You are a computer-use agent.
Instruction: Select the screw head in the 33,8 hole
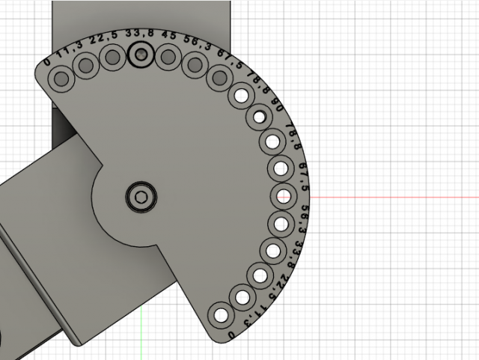pyautogui.click(x=140, y=54)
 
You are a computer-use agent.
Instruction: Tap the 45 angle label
pyautogui.click(x=168, y=36)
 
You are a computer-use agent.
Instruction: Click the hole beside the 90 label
pyautogui.click(x=260, y=117)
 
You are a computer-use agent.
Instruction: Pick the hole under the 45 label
pyautogui.click(x=168, y=56)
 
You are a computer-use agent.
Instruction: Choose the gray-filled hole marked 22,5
pyautogui.click(x=113, y=57)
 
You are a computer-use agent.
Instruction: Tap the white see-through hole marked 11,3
pyautogui.click(x=242, y=297)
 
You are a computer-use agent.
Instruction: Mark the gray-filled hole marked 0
pyautogui.click(x=61, y=76)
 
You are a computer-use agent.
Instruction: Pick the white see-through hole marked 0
pyautogui.click(x=220, y=314)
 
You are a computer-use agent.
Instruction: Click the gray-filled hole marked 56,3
pyautogui.click(x=194, y=64)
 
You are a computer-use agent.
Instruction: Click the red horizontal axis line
pyautogui.click(x=389, y=197)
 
